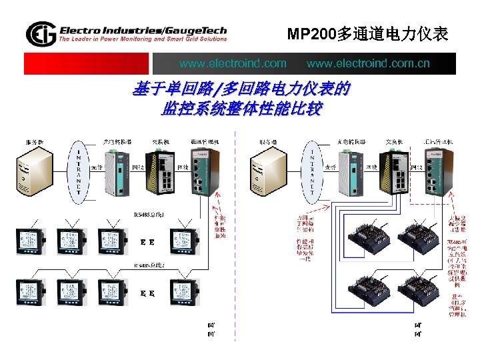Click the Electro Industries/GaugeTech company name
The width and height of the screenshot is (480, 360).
pyautogui.click(x=143, y=30)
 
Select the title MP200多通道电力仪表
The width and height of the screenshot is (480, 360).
pyautogui.click(x=367, y=33)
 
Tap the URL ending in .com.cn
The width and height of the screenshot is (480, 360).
pyautogui.click(x=368, y=64)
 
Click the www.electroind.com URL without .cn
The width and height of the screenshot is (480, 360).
pyautogui.click(x=233, y=64)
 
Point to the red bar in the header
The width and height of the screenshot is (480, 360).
pyautogui.click(x=87, y=64)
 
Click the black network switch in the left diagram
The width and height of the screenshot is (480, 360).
pyautogui.click(x=164, y=171)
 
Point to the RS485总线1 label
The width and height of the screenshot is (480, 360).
pyautogui.click(x=147, y=215)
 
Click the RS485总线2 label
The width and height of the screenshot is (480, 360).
pyautogui.click(x=149, y=265)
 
